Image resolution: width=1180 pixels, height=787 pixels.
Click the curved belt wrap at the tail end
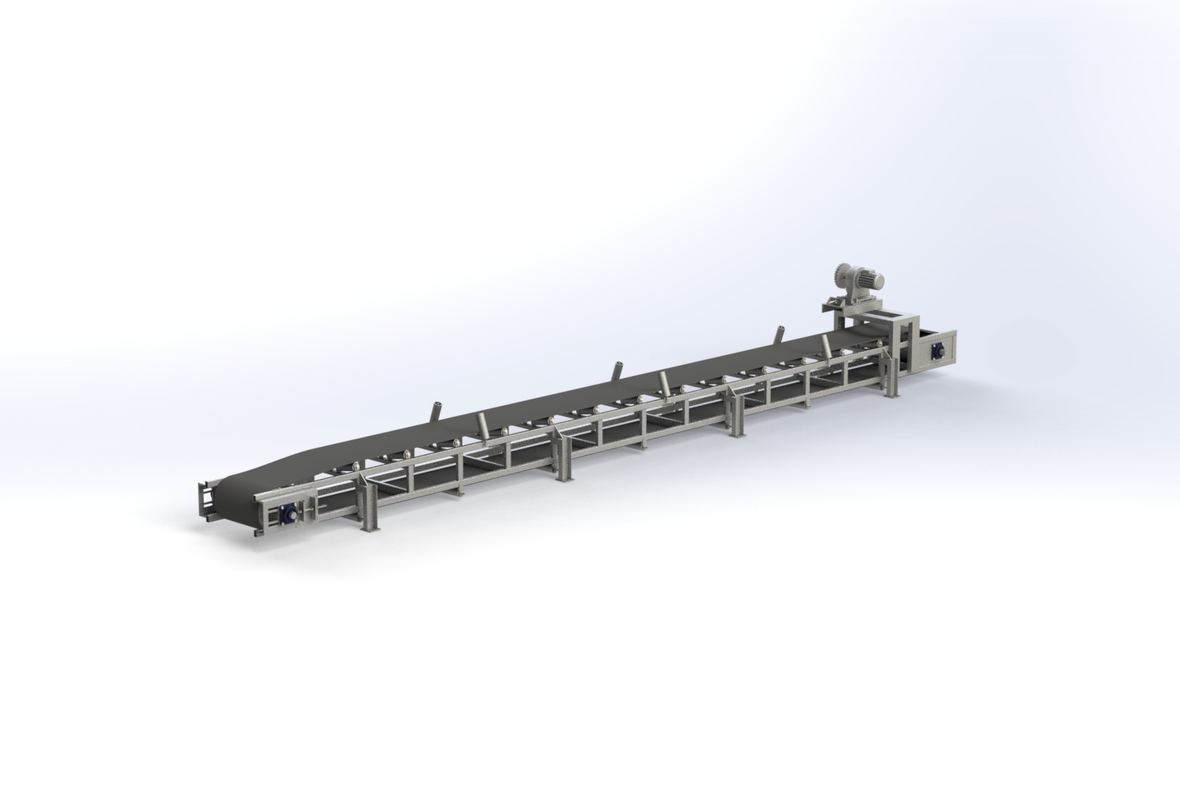[240, 503]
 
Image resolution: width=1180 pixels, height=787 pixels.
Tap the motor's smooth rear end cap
[882, 277]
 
